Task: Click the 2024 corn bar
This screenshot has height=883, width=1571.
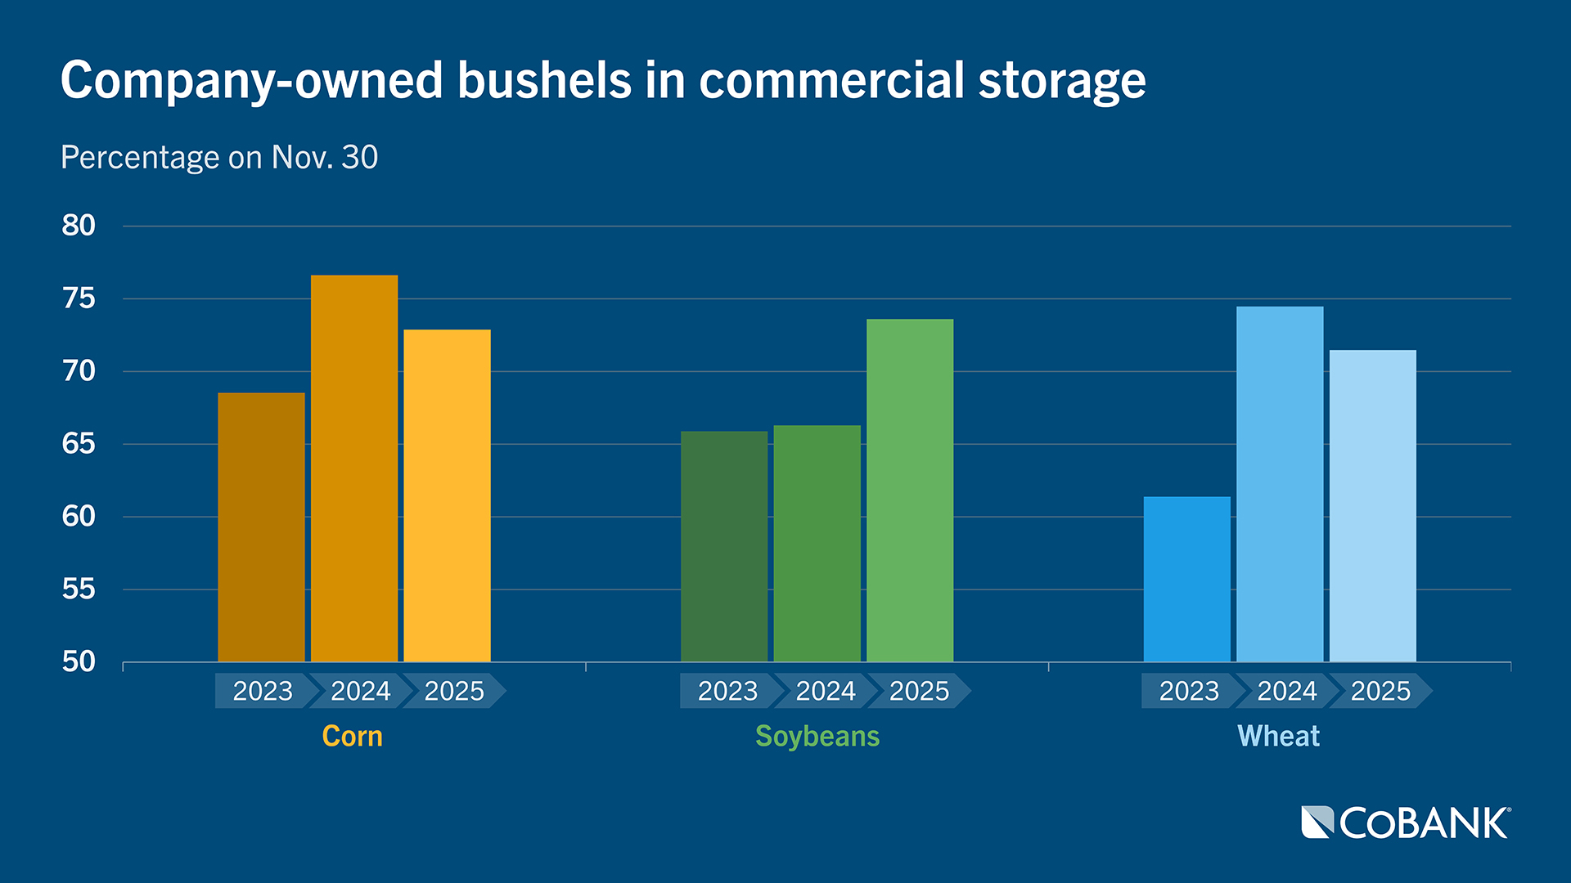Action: tap(354, 468)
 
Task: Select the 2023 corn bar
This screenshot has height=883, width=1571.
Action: tap(261, 527)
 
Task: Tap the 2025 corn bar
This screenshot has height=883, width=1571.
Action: tap(447, 495)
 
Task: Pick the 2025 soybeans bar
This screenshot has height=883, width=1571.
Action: tap(910, 491)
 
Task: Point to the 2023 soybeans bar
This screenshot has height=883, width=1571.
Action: tap(724, 546)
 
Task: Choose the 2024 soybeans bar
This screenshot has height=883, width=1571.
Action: tap(817, 544)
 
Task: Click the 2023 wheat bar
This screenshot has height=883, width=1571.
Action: tap(1186, 579)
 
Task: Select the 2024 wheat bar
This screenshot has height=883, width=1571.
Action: tap(1280, 484)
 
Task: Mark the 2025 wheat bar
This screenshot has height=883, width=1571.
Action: tap(1372, 506)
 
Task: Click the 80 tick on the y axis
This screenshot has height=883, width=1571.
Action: tap(79, 226)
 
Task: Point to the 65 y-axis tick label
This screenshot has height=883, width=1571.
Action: tap(79, 444)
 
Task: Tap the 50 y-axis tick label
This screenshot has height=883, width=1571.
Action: tap(79, 661)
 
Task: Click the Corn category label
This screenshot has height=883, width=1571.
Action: tap(352, 736)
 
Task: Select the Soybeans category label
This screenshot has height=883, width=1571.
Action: tap(817, 736)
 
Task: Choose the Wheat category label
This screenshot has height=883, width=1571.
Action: tap(1278, 736)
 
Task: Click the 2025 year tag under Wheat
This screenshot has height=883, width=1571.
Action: tap(1380, 691)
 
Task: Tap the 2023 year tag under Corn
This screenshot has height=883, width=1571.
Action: tap(263, 691)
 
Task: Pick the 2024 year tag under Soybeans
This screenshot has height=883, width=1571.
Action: tap(825, 691)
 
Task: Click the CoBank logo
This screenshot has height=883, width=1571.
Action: tap(1406, 822)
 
